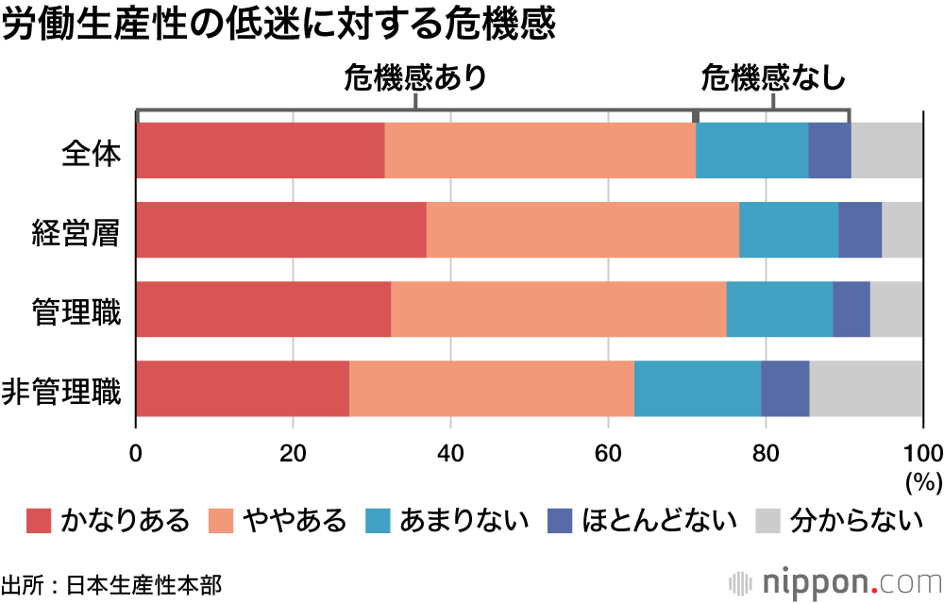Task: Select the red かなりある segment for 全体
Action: tap(261, 150)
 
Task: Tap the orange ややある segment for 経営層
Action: tap(582, 229)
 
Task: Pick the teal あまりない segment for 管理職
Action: tap(780, 309)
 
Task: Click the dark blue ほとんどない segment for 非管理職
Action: tap(785, 388)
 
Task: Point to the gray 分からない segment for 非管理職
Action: tap(866, 388)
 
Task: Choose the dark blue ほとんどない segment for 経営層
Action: tap(860, 229)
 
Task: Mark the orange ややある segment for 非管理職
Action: tap(492, 388)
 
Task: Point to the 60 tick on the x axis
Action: tap(608, 449)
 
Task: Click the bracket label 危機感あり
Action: tap(415, 78)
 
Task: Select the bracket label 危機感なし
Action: tap(772, 78)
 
